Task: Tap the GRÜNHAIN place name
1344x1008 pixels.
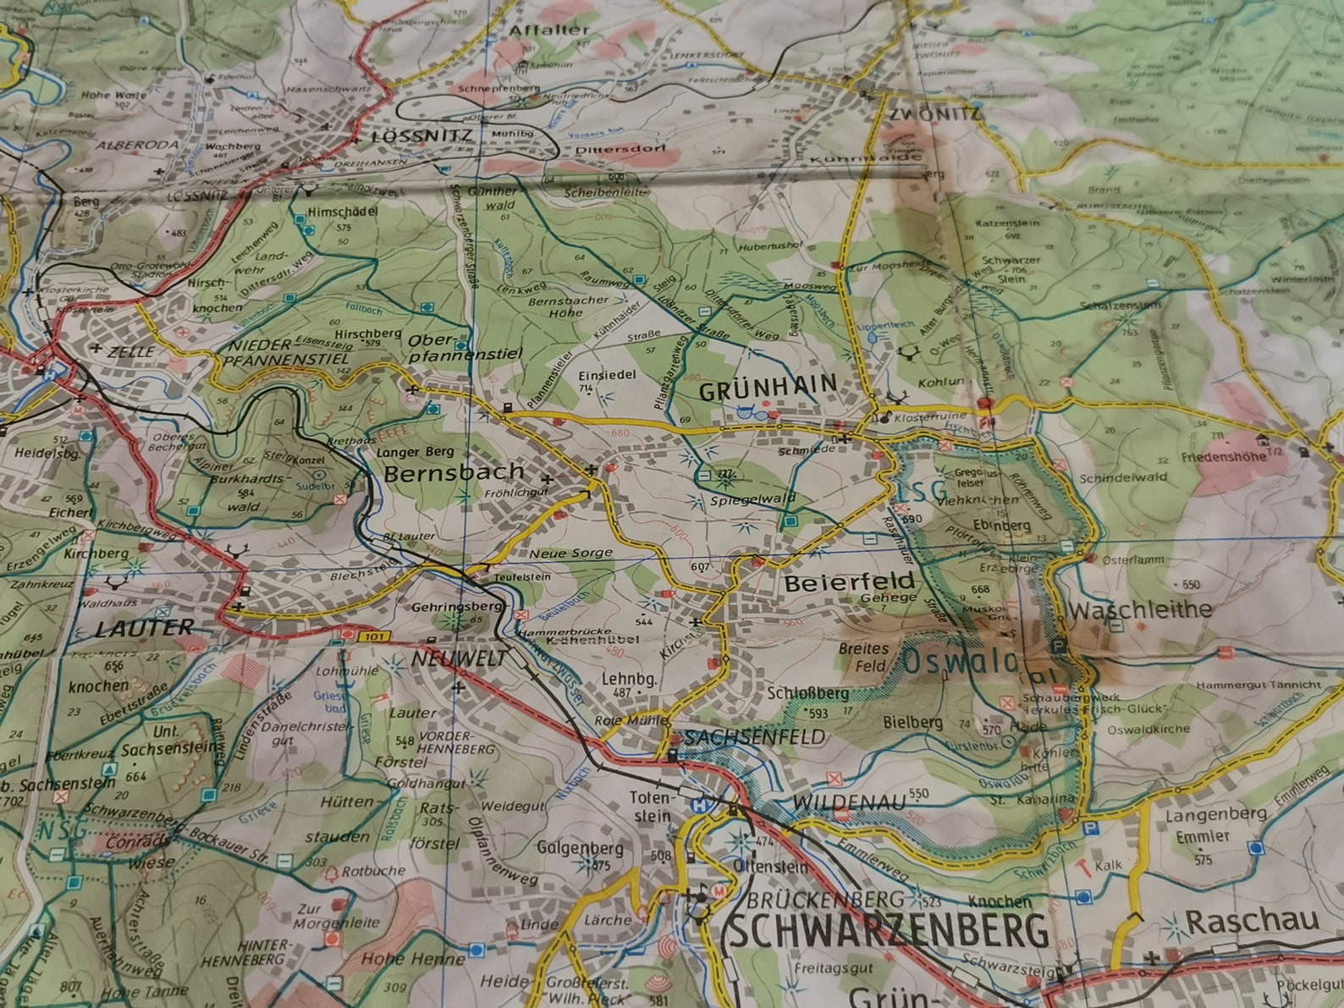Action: coord(768,388)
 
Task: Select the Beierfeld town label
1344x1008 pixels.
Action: coord(849,582)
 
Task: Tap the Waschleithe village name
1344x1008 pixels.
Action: coord(1139,609)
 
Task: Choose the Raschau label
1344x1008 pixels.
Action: coord(1252,921)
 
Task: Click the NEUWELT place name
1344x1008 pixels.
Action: coord(460,658)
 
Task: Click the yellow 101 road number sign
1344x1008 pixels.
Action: coord(373,636)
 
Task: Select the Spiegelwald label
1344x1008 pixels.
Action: coord(753,499)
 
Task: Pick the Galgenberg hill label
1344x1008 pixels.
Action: coord(581,848)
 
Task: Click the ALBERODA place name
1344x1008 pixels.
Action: coord(137,145)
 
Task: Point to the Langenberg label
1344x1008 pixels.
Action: coord(1215,815)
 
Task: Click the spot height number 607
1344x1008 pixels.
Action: coord(699,566)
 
